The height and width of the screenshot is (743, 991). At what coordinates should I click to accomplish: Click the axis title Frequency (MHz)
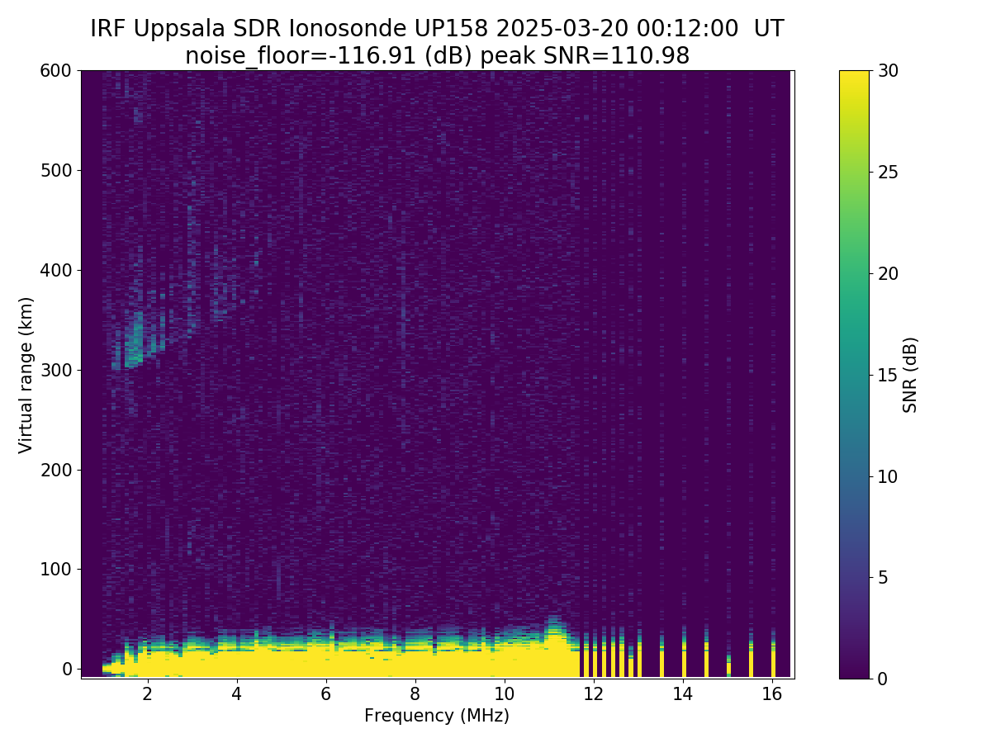437,716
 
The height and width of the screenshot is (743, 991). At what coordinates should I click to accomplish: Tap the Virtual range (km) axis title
26,375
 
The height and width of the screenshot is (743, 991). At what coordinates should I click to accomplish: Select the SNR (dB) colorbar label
910,375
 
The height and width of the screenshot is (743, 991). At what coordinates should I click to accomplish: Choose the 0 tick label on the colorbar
884,679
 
